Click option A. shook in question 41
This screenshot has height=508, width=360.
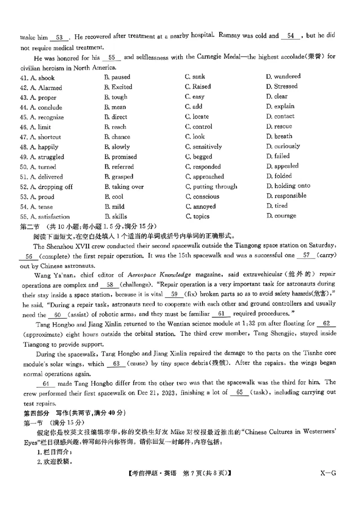tap(42, 78)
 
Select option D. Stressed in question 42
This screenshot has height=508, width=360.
tap(281, 86)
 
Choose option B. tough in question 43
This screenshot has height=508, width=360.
tap(116, 97)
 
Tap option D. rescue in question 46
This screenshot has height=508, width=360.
tap(279, 126)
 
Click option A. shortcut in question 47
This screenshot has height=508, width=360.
tap(45, 137)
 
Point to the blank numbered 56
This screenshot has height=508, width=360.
tap(30, 256)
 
